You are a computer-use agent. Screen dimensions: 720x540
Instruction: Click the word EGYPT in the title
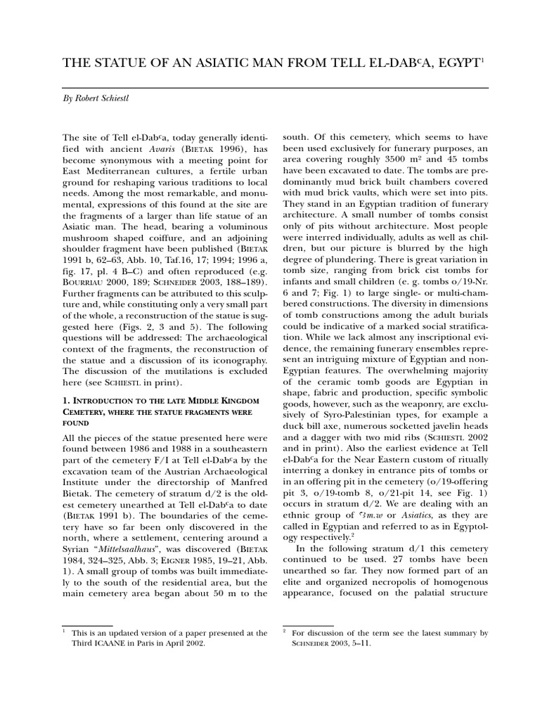pos(449,65)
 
